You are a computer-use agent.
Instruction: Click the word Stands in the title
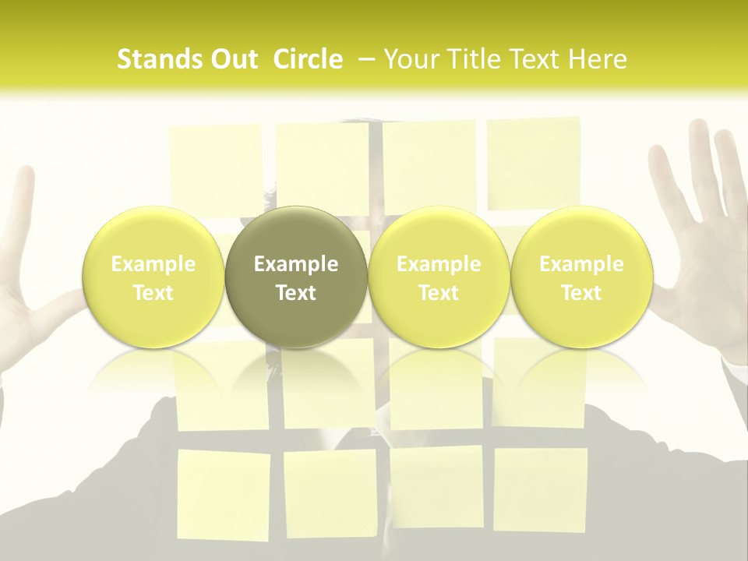click(160, 60)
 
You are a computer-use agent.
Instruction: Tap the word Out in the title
click(232, 60)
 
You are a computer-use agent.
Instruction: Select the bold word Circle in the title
click(308, 60)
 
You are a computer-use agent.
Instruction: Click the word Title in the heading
click(472, 60)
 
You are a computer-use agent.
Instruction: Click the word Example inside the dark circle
click(296, 264)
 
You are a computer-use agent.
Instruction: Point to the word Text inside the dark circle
click(296, 293)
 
